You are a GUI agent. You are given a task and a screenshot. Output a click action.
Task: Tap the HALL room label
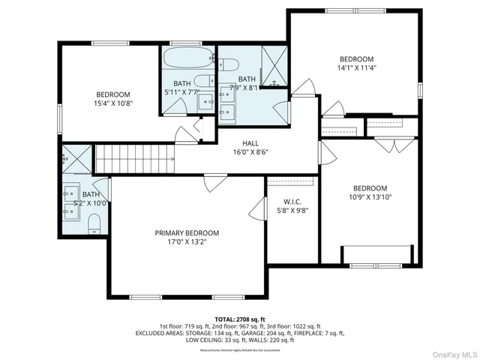coord(250,143)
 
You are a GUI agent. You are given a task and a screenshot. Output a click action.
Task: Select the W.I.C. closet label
coord(292,202)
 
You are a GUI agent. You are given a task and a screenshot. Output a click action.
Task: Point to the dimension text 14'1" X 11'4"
coord(356,68)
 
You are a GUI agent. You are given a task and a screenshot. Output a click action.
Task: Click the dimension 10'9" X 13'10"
coord(370,197)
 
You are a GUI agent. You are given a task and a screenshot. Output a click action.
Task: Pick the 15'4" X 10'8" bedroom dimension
coord(113,103)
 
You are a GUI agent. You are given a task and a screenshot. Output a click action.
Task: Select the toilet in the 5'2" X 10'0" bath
coord(94,223)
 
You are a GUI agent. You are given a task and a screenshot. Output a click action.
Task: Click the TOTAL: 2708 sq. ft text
coord(239,319)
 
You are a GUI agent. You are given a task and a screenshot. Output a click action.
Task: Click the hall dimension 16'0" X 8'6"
coord(250,151)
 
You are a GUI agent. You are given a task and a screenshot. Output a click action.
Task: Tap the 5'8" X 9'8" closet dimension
coord(292,211)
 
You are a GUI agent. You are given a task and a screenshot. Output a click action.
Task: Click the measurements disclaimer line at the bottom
coord(239,349)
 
